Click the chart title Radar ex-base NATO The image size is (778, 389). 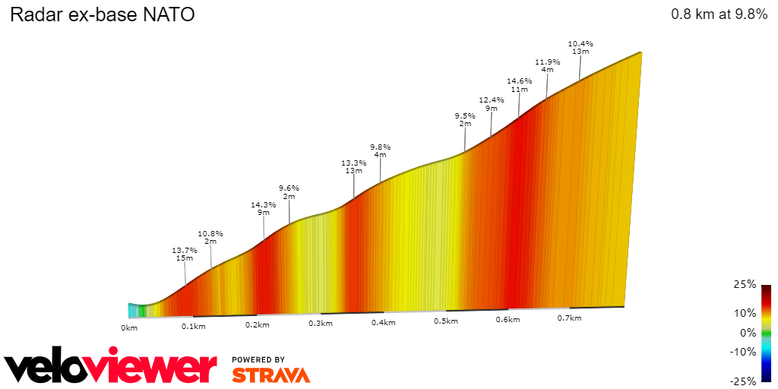[103, 14]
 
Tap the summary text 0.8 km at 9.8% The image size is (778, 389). [719, 14]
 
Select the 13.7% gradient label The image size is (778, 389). [185, 250]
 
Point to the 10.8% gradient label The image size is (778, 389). [210, 233]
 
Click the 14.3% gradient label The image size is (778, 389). [264, 204]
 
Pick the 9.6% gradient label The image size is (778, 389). [289, 188]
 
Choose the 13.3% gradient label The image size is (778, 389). [353, 163]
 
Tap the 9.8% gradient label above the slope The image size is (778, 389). [380, 147]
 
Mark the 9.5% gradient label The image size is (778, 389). [465, 115]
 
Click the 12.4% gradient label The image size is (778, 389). [492, 100]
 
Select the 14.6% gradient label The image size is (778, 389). [519, 81]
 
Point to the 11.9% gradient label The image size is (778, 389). [547, 62]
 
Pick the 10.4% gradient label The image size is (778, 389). [580, 43]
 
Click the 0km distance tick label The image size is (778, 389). [129, 327]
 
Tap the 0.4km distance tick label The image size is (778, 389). [383, 323]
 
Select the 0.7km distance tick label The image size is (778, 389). [570, 318]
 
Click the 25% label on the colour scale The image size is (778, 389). [745, 284]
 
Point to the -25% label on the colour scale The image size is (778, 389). [743, 381]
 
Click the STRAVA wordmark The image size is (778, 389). [270, 375]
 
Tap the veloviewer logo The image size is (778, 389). [111, 368]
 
